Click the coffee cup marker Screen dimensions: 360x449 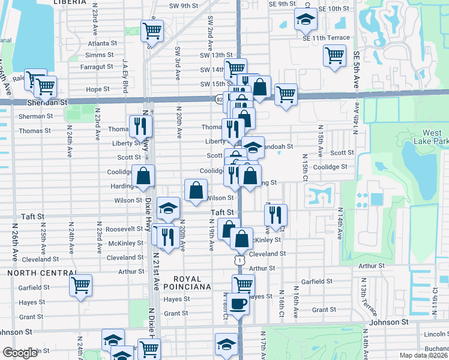tap(238, 303)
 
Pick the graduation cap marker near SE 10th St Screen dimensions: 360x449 tap(306, 20)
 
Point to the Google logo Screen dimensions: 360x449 tap(20, 353)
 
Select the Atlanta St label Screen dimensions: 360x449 tap(102, 43)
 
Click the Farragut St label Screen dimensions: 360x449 tap(97, 66)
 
